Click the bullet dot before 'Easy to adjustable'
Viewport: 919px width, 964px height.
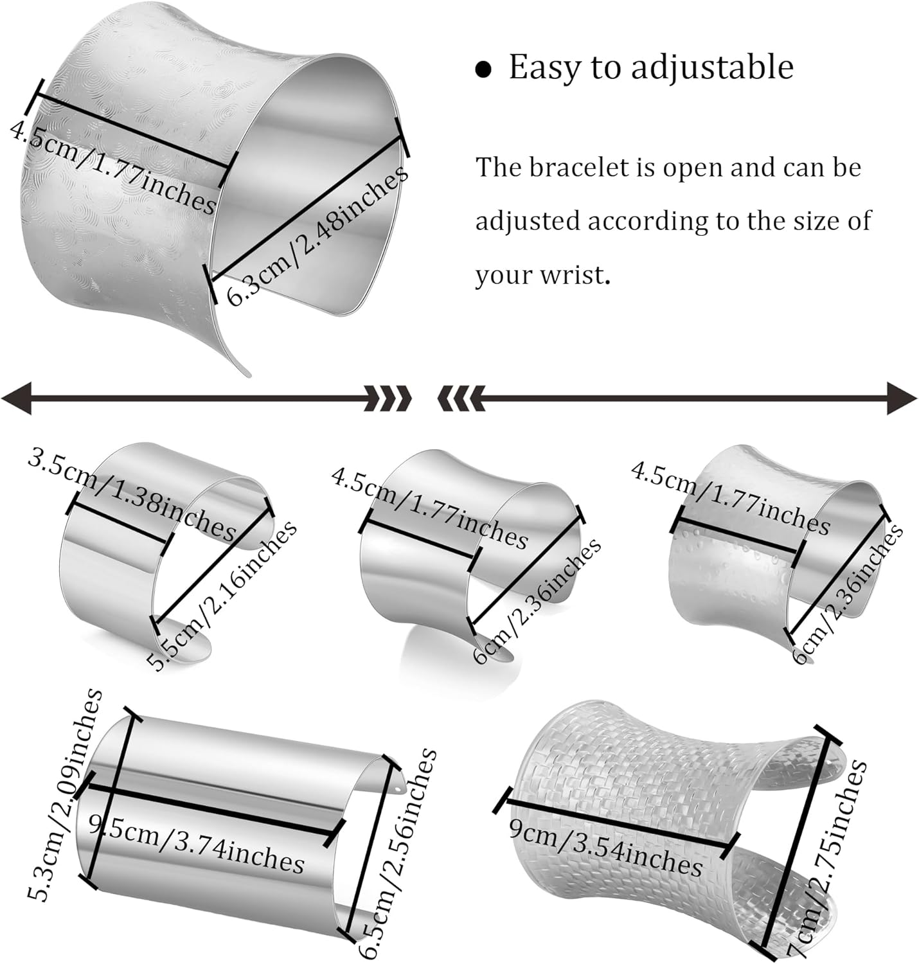click(483, 69)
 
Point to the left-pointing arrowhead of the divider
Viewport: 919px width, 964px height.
click(17, 398)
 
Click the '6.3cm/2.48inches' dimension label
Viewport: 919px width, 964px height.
click(317, 235)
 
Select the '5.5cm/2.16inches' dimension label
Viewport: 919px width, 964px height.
click(222, 594)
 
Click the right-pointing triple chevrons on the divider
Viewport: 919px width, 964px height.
click(388, 398)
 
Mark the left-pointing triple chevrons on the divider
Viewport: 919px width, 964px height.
click(460, 398)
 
